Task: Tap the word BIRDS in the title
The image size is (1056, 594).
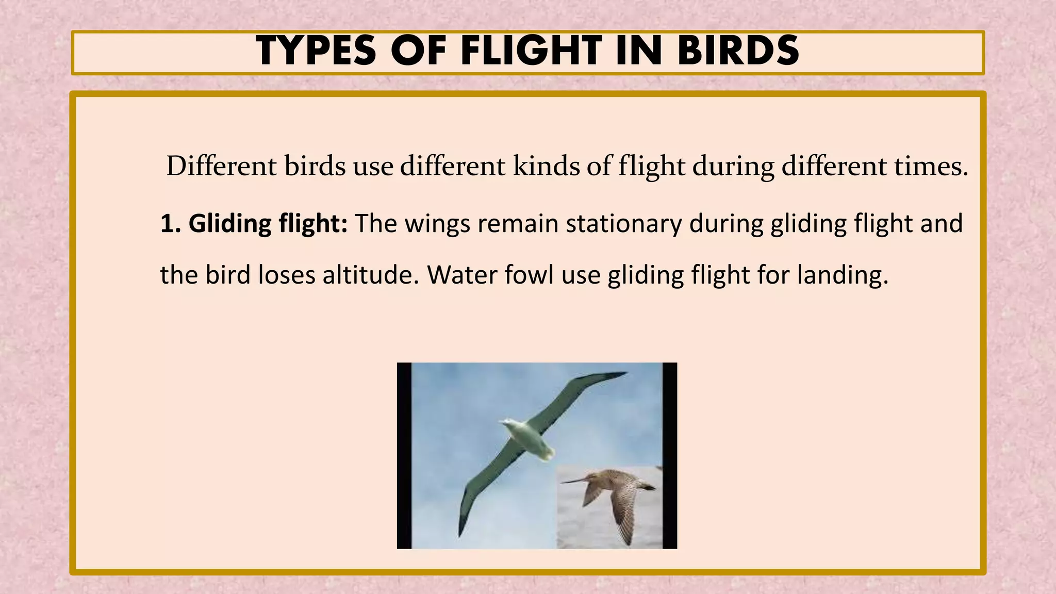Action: coord(738,52)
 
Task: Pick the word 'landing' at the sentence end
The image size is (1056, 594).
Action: coord(841,275)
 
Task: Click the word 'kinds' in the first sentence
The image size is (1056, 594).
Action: coord(546,167)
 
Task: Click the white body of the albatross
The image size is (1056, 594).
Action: coord(526,438)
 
